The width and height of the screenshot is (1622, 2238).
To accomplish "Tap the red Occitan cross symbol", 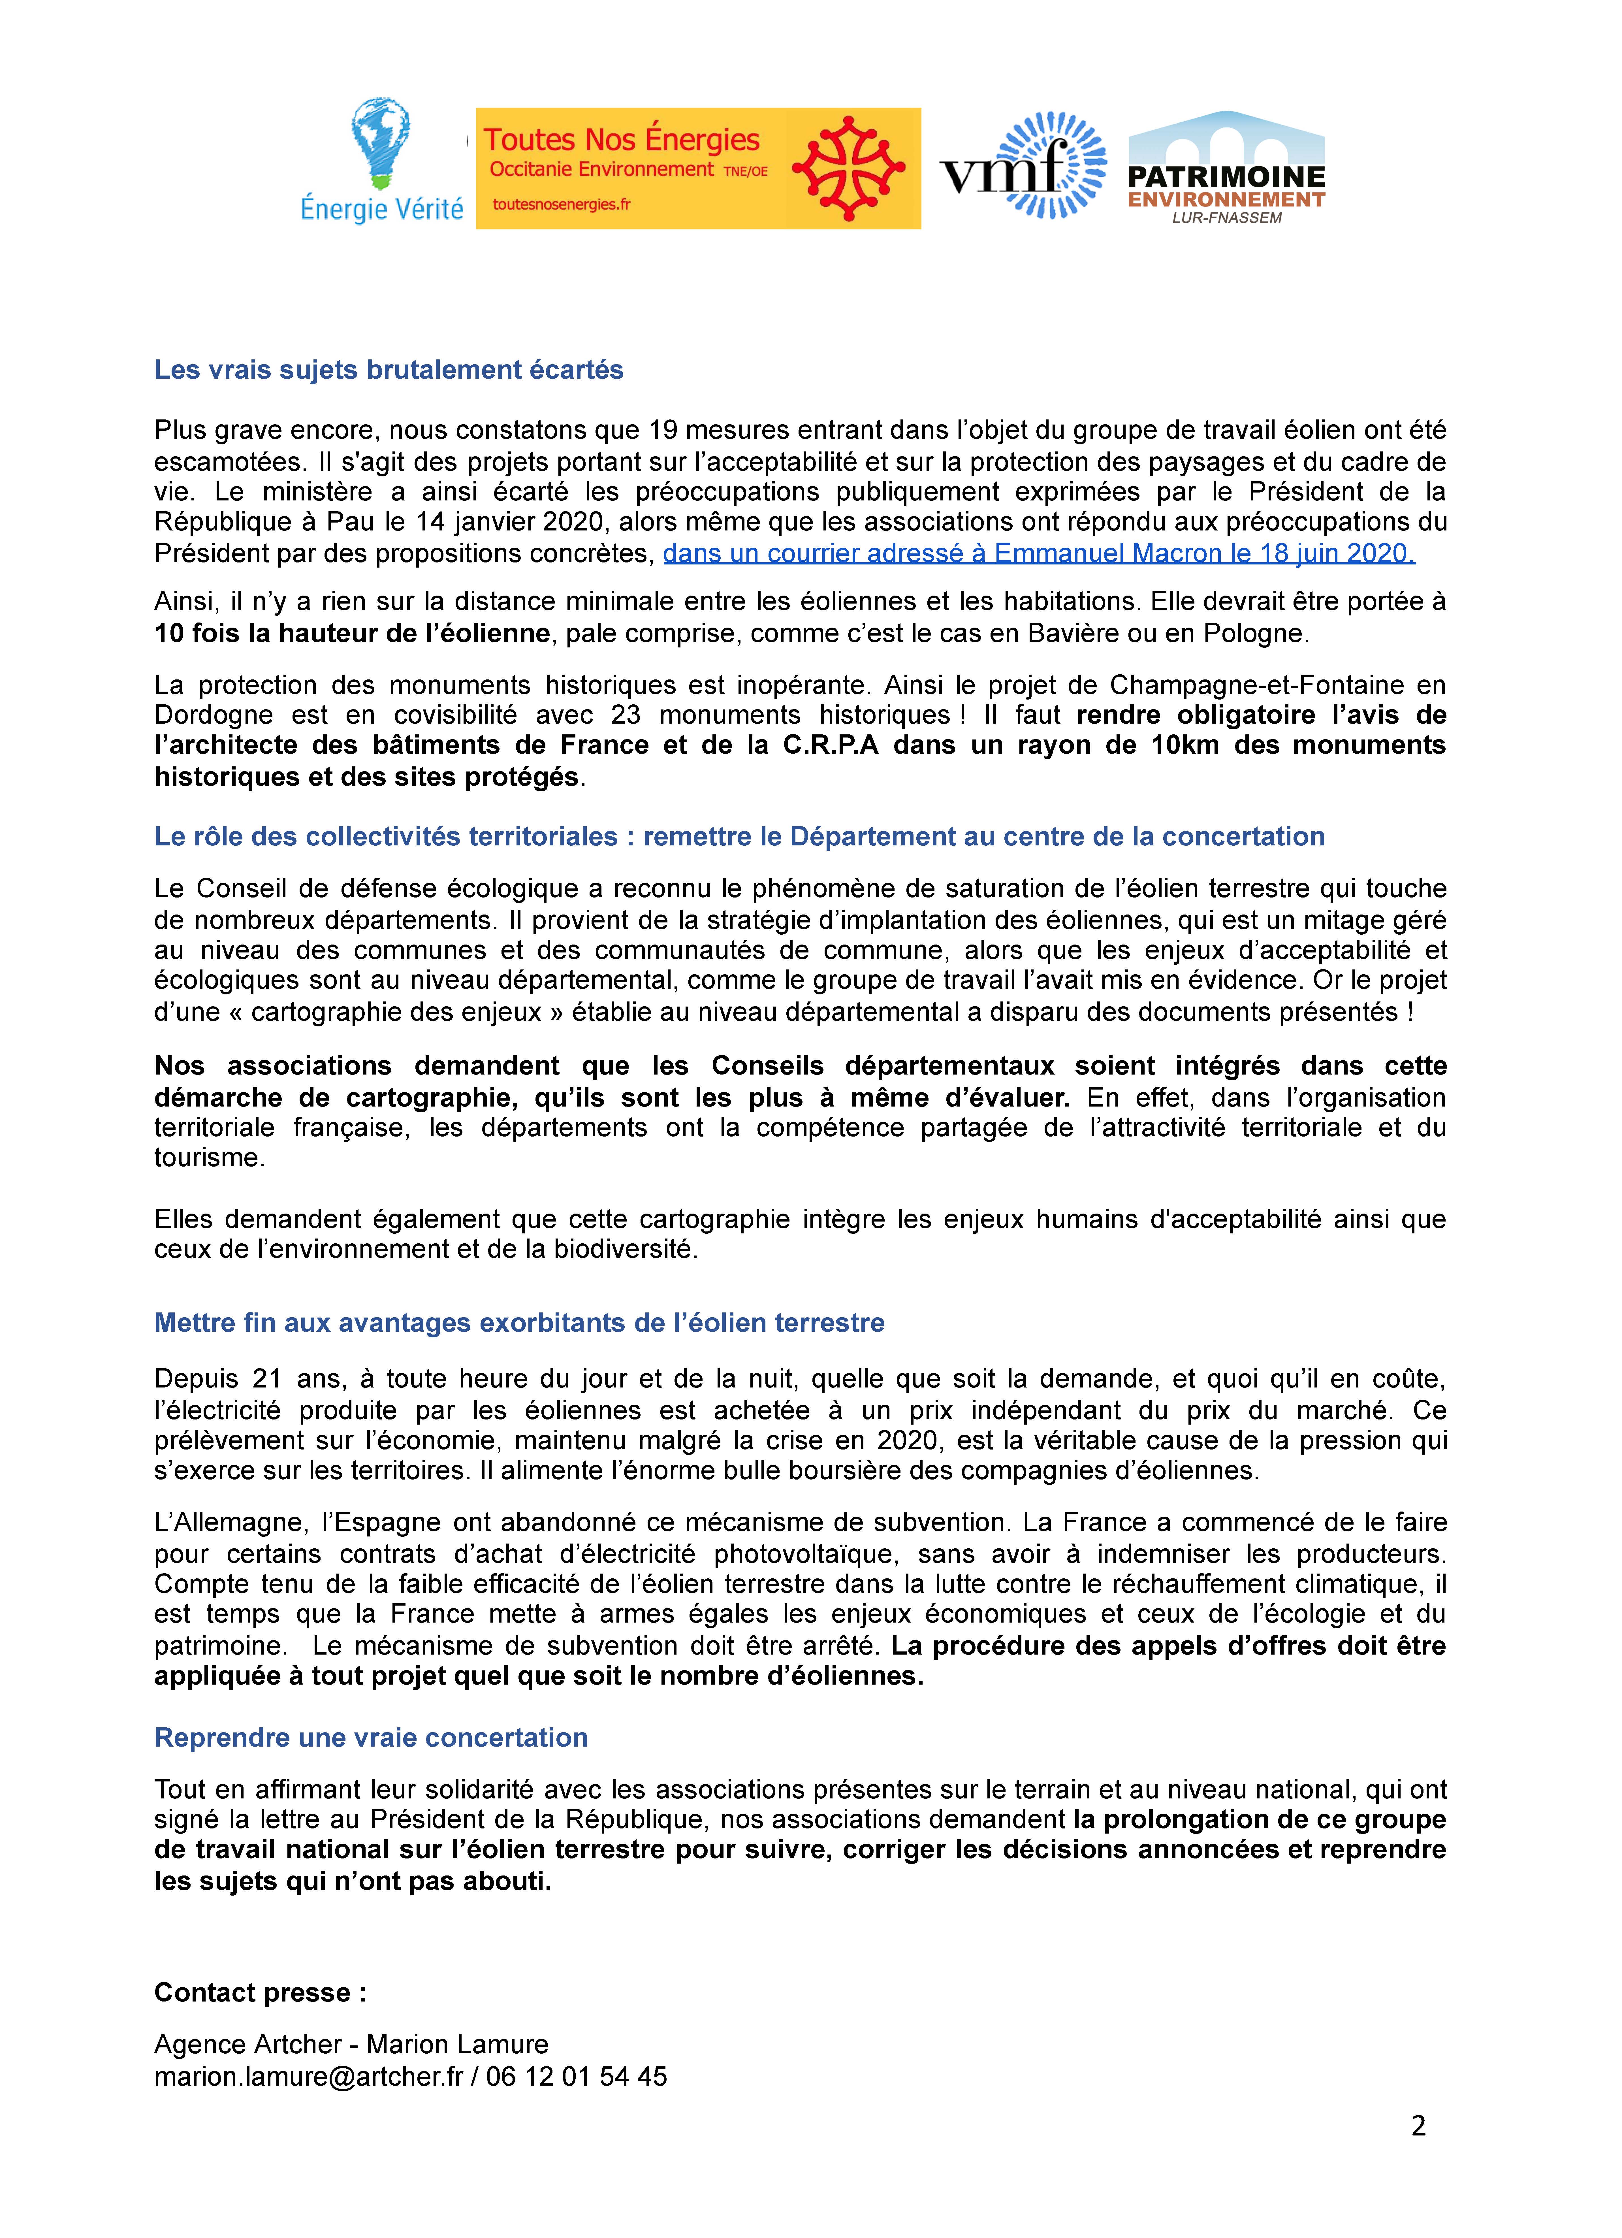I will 848,168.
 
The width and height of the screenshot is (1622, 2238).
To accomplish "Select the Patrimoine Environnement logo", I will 1226,168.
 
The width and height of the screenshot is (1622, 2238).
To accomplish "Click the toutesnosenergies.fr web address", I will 560,204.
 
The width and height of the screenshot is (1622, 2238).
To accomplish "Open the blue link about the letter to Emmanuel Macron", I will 1038,554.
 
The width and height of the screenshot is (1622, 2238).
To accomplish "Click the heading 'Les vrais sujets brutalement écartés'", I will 389,370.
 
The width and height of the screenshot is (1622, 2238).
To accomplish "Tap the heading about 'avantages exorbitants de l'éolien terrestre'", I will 519,1322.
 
